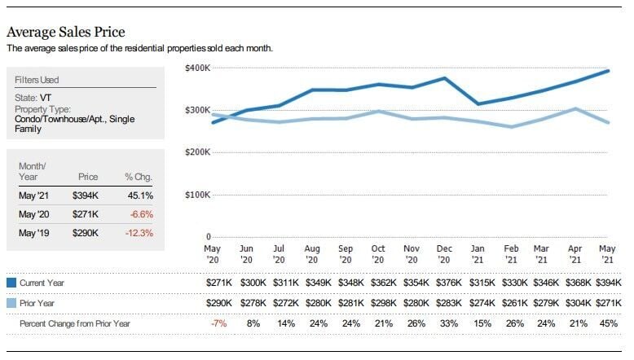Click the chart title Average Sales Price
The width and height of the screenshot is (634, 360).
coord(66,33)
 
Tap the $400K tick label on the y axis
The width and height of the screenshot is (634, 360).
coord(199,67)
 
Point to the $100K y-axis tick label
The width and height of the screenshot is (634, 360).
coord(199,195)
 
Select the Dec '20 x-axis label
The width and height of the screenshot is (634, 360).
coord(444,253)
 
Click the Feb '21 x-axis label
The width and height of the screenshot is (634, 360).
coord(511,253)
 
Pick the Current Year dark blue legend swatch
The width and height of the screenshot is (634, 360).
coord(11,283)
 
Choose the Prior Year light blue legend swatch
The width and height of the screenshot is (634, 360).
coord(11,303)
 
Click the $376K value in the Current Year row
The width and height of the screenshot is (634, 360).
coord(444,283)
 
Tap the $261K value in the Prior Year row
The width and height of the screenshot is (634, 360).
coord(511,303)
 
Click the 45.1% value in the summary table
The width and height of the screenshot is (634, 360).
coord(140,195)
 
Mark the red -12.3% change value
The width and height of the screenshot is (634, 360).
coord(139,233)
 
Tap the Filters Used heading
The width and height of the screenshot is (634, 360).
coord(37,80)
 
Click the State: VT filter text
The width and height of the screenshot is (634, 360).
coord(33,97)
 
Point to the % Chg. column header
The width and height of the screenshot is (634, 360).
coord(138,176)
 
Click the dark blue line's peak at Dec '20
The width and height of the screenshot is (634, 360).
coord(444,78)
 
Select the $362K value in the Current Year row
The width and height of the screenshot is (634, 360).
coord(378,283)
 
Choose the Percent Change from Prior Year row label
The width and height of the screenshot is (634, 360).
coord(74,324)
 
